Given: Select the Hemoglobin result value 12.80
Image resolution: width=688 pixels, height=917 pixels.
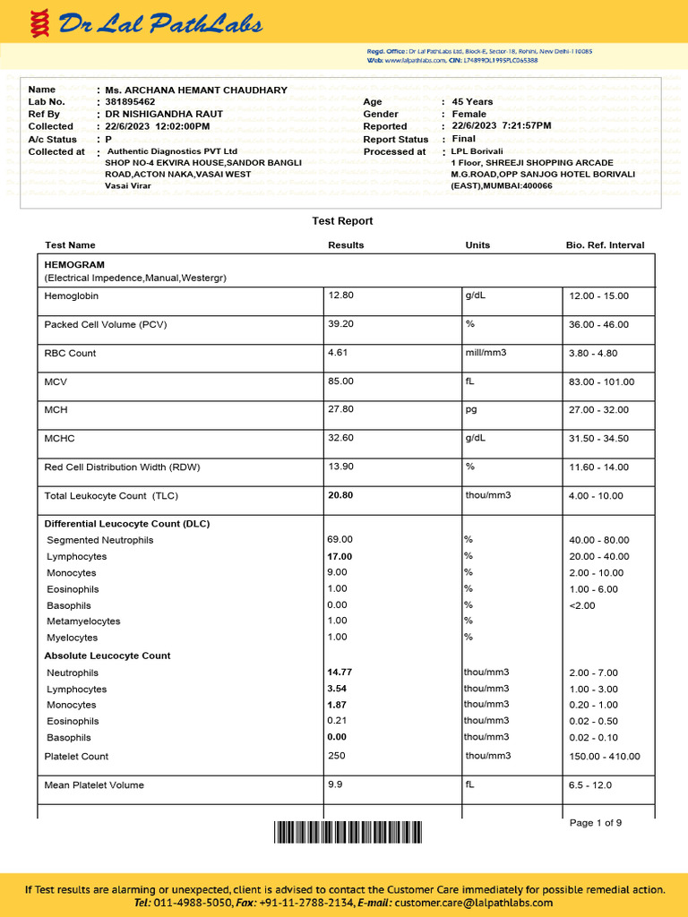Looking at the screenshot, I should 341,296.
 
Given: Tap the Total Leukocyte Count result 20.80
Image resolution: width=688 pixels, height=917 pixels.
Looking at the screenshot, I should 340,495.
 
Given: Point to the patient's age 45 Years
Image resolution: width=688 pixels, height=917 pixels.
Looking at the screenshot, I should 472,102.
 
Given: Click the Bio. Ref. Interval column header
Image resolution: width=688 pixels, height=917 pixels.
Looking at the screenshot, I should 605,245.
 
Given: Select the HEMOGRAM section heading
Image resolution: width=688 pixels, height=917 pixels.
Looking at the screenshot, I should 74,265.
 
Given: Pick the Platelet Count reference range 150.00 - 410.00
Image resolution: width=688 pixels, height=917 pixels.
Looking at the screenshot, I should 605,757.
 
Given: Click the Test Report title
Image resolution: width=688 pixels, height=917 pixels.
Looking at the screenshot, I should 342,221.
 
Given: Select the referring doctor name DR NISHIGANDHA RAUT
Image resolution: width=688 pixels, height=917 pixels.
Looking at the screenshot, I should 164,115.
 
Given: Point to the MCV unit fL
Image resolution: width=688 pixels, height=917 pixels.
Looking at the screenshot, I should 469,381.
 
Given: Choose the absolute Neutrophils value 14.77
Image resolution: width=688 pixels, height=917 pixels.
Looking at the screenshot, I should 340,673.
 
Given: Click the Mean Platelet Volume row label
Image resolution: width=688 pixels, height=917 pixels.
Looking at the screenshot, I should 94,785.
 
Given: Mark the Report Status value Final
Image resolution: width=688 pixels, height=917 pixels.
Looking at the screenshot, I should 464,140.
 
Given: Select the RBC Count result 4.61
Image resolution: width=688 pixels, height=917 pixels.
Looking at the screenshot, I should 338,353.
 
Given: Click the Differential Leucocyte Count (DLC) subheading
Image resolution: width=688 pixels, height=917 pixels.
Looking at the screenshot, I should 127,524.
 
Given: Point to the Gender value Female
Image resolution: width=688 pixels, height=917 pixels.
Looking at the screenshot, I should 469,115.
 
